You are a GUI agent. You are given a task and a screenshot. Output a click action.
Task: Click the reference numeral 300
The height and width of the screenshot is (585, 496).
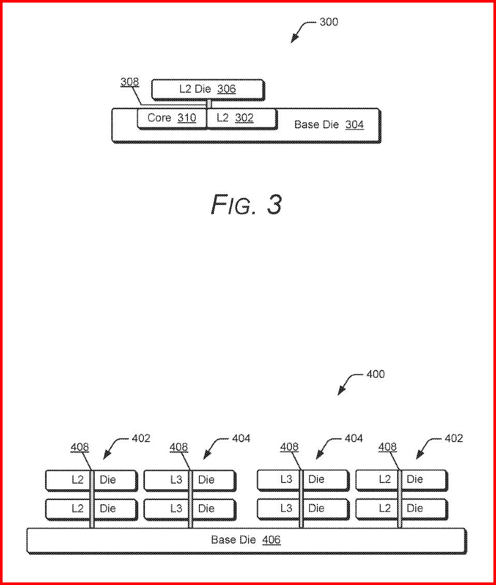(329, 22)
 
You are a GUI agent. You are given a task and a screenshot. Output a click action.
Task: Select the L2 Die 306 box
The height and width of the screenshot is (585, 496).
(207, 89)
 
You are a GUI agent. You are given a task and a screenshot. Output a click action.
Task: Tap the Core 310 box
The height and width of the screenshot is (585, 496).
(171, 118)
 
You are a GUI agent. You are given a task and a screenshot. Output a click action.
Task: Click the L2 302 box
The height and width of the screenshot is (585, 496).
(241, 118)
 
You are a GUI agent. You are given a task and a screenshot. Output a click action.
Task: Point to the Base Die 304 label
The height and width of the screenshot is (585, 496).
(329, 125)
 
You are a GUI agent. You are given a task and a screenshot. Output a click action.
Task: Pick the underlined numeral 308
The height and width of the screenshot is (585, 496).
(129, 82)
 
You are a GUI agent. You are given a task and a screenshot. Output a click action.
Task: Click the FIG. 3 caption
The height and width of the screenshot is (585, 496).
(246, 204)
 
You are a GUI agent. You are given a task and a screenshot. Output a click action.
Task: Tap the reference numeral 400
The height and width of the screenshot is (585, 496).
(375, 374)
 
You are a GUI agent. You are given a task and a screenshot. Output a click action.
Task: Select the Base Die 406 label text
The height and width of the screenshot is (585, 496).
(245, 540)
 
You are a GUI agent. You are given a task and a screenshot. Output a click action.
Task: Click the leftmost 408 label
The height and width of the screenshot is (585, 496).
(80, 447)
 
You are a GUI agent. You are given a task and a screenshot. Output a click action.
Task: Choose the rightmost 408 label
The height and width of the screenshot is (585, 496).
(387, 447)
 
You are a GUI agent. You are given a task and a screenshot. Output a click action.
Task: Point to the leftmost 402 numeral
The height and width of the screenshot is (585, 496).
(141, 438)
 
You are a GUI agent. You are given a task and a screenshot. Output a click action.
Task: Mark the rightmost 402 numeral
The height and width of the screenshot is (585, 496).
(454, 438)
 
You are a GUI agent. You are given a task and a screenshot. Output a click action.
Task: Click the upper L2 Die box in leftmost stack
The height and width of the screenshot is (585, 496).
(91, 480)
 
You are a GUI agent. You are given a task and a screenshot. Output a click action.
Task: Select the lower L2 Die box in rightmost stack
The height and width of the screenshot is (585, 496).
(401, 508)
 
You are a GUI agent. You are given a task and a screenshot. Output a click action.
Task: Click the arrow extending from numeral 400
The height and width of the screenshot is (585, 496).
(347, 383)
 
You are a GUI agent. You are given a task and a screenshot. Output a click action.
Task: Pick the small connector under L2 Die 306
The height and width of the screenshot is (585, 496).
(209, 104)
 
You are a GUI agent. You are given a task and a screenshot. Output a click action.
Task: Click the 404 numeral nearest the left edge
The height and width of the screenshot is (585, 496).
(241, 438)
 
